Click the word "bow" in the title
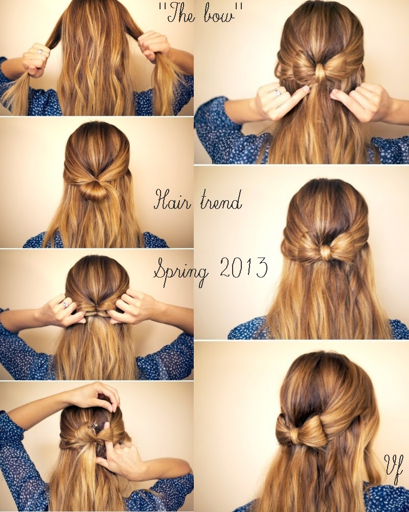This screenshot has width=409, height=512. pyautogui.click(x=219, y=15)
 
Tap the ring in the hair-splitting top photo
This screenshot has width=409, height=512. pyautogui.click(x=40, y=52)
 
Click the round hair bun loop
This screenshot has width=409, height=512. pyautogui.click(x=95, y=190)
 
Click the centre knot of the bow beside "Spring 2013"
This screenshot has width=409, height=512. pyautogui.click(x=326, y=253)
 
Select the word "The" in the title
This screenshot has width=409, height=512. pyautogui.click(x=180, y=15)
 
